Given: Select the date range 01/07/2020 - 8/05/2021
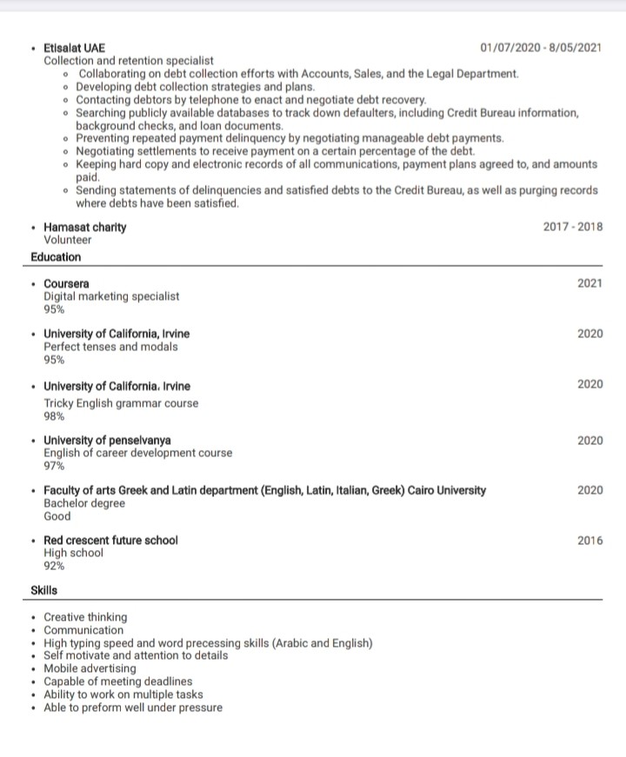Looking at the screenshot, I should click(x=541, y=48).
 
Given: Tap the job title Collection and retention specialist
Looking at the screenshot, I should click(x=129, y=61).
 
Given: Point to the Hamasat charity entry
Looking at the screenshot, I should click(x=84, y=227).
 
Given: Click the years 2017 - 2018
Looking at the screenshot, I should click(x=572, y=227).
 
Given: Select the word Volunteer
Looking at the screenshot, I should click(x=67, y=240).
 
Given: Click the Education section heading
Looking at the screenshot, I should click(x=56, y=257).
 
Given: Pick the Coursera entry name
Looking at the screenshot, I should click(x=66, y=283).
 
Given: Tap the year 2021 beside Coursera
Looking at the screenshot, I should click(x=589, y=283).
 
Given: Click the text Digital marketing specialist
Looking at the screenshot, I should click(x=111, y=296).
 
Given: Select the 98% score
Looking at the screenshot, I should click(x=54, y=415).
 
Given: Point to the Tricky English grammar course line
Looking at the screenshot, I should click(x=121, y=403).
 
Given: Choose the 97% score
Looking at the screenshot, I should click(x=54, y=466).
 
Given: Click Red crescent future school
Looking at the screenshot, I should click(x=110, y=540).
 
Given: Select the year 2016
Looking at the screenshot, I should click(x=589, y=541).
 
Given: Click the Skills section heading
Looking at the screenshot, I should click(x=44, y=590).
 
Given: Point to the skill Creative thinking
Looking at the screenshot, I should click(x=85, y=617).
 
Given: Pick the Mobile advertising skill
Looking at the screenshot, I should click(x=90, y=668).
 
